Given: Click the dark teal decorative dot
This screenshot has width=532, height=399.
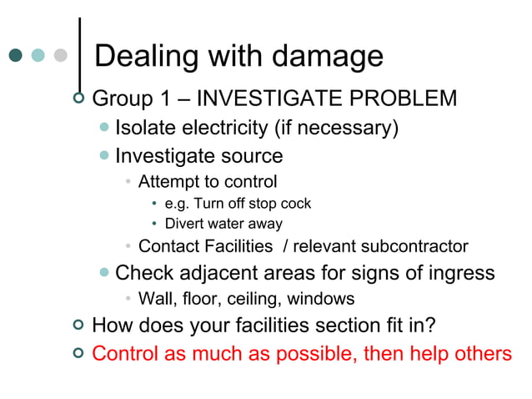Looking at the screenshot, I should (16, 56).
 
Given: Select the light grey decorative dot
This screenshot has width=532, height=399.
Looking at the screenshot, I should (59, 56).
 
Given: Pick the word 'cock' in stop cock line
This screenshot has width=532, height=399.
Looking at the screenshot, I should (296, 204).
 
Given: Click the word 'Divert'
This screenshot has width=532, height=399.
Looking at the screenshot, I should (183, 224).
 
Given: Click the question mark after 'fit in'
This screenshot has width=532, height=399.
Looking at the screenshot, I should (429, 325).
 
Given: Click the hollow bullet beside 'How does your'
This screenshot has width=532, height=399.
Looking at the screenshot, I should (78, 325).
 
